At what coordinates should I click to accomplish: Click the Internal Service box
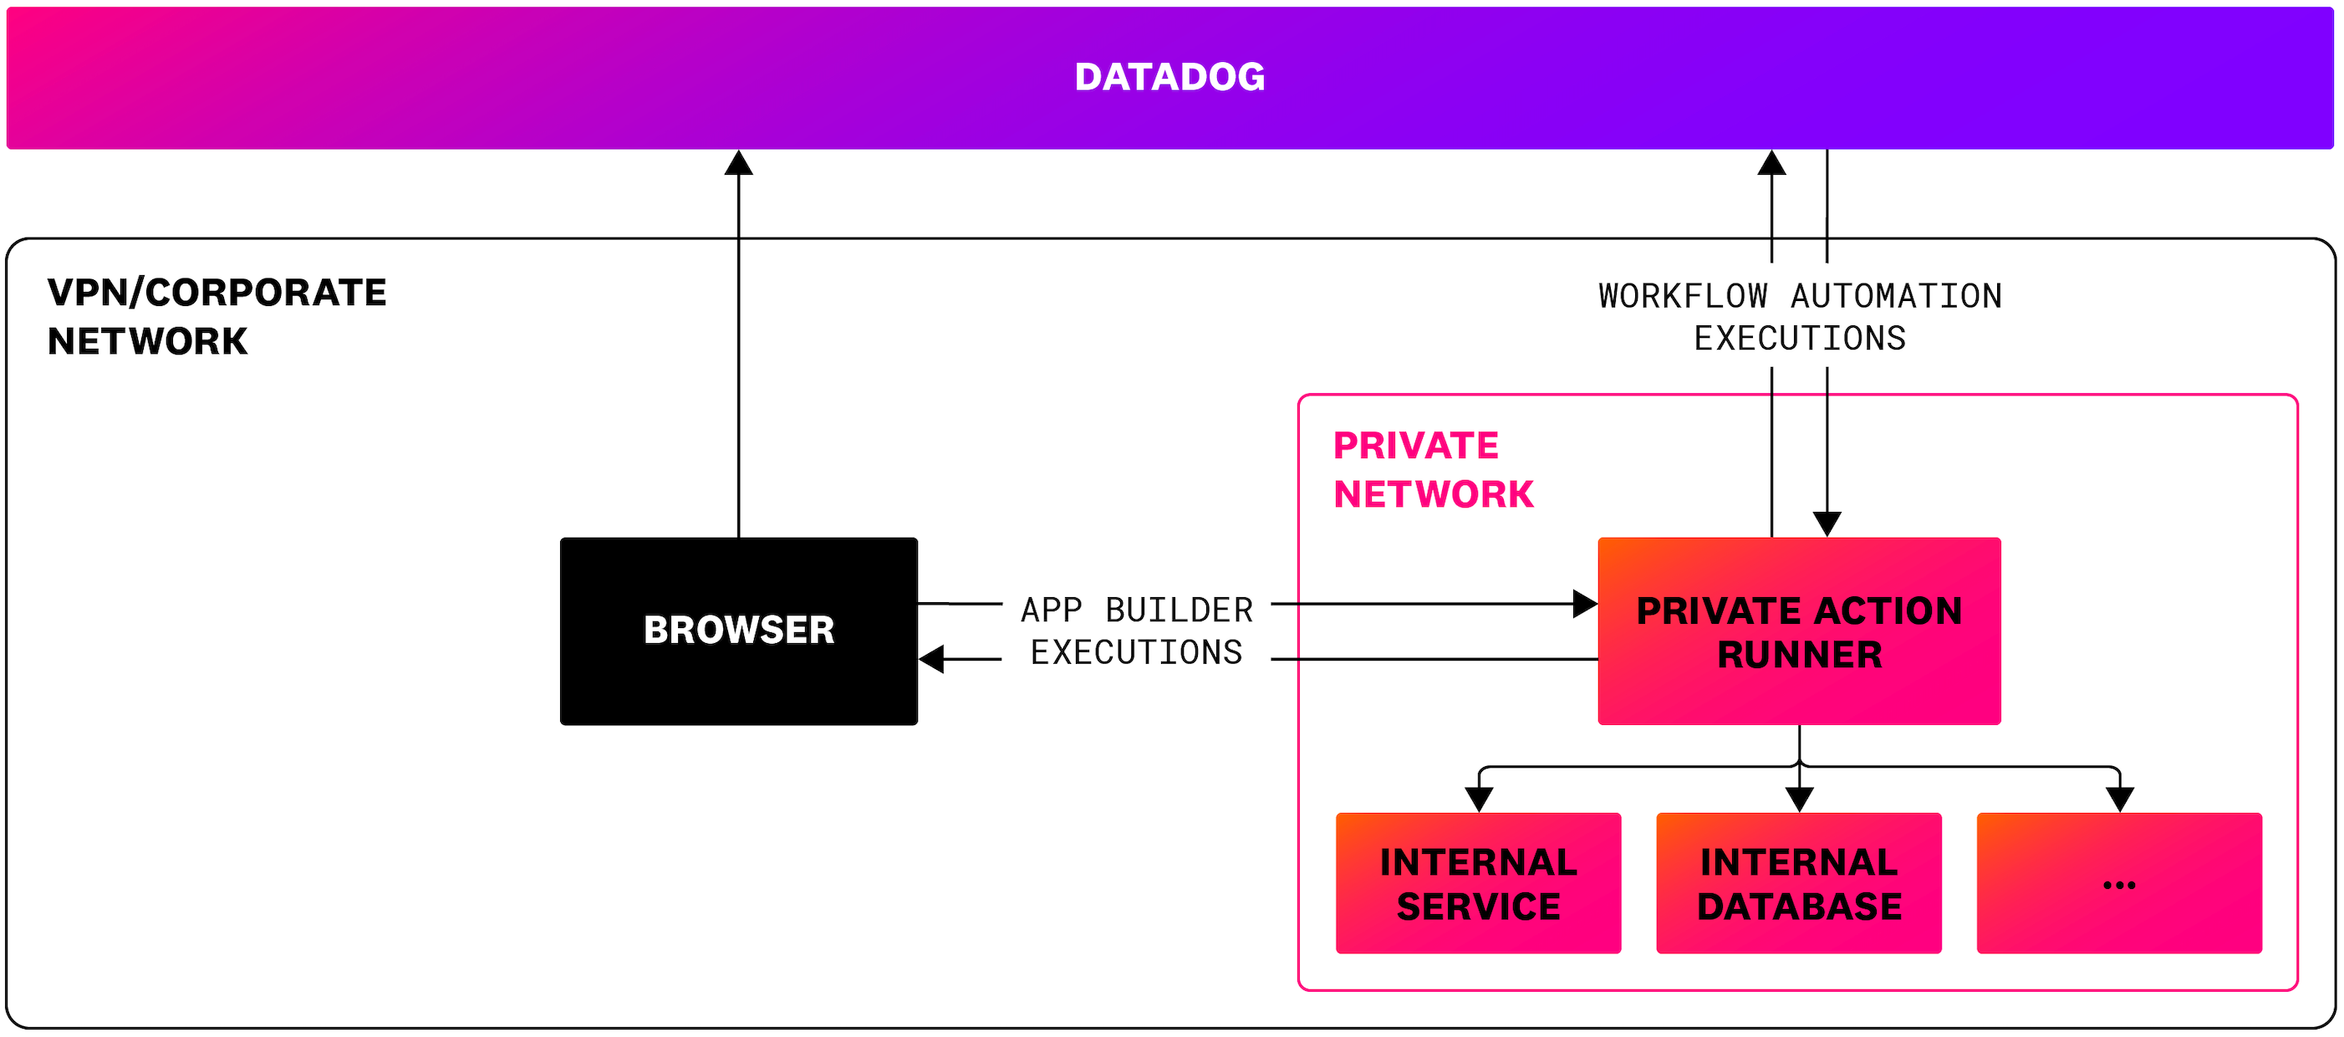coord(1478,883)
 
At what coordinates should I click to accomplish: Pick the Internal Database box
coord(1798,883)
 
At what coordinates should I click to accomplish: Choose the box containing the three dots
coord(2118,883)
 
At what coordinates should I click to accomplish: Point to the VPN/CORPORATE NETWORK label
coord(217,317)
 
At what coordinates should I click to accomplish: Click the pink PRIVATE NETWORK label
coord(1432,470)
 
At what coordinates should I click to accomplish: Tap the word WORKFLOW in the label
coord(1683,296)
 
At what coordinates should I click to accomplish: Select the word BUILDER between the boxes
coord(1179,609)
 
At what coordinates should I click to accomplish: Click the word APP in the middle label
coord(1051,609)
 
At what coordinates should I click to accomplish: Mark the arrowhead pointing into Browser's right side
coord(932,658)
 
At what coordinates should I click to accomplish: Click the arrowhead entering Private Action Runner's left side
coord(1584,604)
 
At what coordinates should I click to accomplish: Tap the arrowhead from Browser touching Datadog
coord(738,163)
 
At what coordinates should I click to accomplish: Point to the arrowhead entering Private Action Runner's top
coord(1827,524)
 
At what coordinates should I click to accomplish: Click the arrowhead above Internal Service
coord(1479,799)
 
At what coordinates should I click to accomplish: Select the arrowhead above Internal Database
coord(1799,799)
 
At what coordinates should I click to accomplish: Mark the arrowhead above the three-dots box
coord(2119,799)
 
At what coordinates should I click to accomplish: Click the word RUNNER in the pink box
coord(1799,655)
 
